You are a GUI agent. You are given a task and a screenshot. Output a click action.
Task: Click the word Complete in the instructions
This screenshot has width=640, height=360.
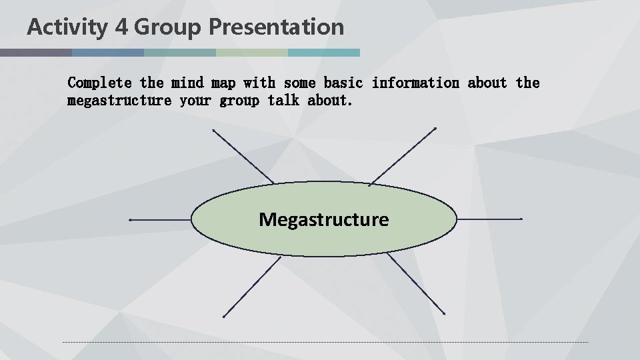pyautogui.click(x=100, y=83)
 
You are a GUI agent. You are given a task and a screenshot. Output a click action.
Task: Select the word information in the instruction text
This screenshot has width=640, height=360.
pyautogui.click(x=415, y=83)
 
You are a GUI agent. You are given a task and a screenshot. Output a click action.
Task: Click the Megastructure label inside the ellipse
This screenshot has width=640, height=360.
pyautogui.click(x=324, y=219)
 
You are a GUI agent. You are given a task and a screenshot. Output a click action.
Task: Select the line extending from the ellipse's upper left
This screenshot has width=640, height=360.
pyautogui.click(x=243, y=156)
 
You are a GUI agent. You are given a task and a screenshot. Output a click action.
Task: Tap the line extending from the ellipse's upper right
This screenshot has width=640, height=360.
pyautogui.click(x=403, y=155)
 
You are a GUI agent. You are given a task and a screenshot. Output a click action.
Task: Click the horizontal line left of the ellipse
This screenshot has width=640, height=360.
pyautogui.click(x=160, y=219)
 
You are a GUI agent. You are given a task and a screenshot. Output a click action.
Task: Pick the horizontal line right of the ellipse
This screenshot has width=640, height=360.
pyautogui.click(x=489, y=219)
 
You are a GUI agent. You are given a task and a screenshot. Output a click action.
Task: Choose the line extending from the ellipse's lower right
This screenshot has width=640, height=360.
pyautogui.click(x=415, y=284)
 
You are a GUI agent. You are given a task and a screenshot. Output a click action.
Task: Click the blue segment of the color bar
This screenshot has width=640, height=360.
pyautogui.click(x=108, y=52)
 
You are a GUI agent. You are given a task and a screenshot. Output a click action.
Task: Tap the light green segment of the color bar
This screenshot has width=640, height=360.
pyautogui.click(x=252, y=52)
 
